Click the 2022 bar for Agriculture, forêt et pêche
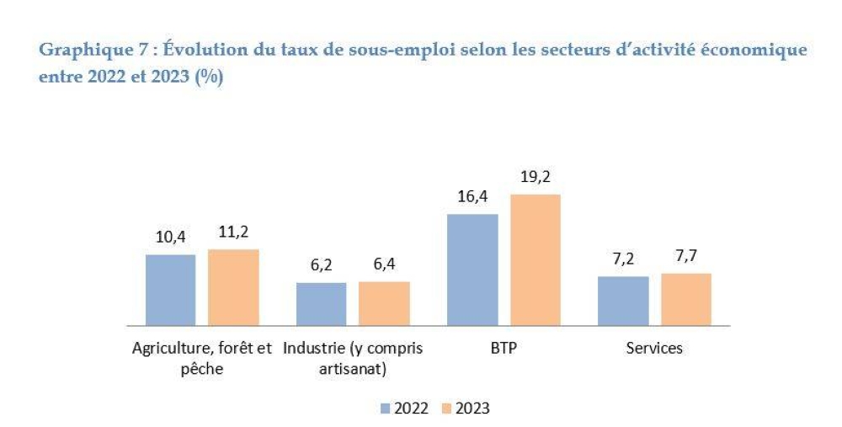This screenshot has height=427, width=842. click(x=171, y=290)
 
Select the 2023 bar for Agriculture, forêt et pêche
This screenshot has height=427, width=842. click(x=233, y=287)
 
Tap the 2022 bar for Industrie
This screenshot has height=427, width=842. click(x=321, y=303)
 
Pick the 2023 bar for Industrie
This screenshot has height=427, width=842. click(x=384, y=303)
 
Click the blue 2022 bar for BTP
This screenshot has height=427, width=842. click(x=472, y=270)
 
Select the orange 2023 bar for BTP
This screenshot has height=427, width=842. click(x=535, y=259)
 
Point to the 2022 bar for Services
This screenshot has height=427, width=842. click(x=623, y=300)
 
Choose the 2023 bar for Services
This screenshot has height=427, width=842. click(x=685, y=299)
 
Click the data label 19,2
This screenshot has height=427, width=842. click(x=535, y=177)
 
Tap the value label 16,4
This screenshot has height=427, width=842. click(x=472, y=197)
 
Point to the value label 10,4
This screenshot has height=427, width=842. click(x=171, y=238)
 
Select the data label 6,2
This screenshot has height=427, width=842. click(x=321, y=265)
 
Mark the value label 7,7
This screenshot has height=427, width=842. click(x=685, y=257)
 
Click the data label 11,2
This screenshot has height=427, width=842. click(x=233, y=233)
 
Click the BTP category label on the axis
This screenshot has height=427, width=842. click(x=504, y=348)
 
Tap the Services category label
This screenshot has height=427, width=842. click(x=654, y=348)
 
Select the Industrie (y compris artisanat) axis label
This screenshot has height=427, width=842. click(x=353, y=358)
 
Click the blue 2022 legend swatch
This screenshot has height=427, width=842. click(x=386, y=408)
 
